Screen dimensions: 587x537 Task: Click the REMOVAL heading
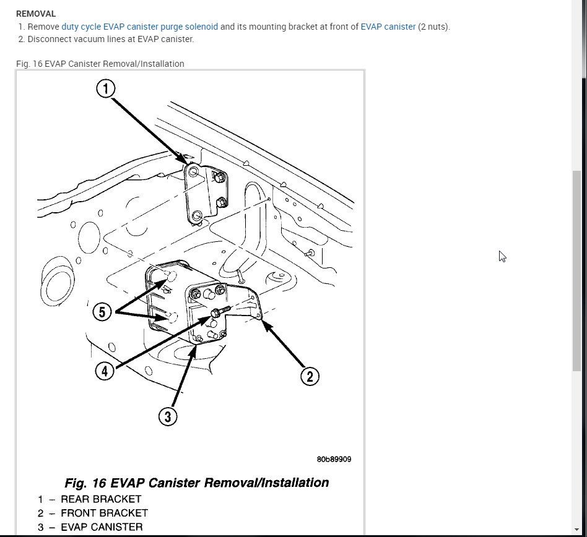tap(36, 14)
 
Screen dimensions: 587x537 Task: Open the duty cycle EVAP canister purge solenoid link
tap(140, 27)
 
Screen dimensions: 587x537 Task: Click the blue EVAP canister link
tap(388, 27)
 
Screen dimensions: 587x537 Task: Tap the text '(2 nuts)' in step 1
tap(434, 27)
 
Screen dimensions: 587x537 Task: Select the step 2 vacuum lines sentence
tap(111, 39)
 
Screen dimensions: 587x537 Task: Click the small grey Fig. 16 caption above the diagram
tap(100, 64)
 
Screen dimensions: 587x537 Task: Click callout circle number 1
tap(105, 89)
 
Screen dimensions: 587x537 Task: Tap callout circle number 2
tap(310, 376)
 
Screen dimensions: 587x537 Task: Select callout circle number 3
tap(168, 416)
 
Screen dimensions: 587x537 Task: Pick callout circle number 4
tap(105, 371)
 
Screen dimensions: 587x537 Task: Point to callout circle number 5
tap(102, 312)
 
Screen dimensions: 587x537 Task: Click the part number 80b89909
tap(334, 459)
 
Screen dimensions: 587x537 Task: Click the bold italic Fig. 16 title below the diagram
tap(197, 483)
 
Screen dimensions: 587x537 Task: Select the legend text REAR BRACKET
tap(101, 499)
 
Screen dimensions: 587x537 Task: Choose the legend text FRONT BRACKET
tap(105, 513)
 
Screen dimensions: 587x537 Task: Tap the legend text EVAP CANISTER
tap(102, 527)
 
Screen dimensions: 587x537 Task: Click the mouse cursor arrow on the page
tap(502, 256)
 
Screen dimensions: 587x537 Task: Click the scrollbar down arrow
tap(576, 530)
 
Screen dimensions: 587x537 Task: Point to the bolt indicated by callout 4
tap(221, 311)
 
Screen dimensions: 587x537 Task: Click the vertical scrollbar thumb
tap(576, 271)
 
